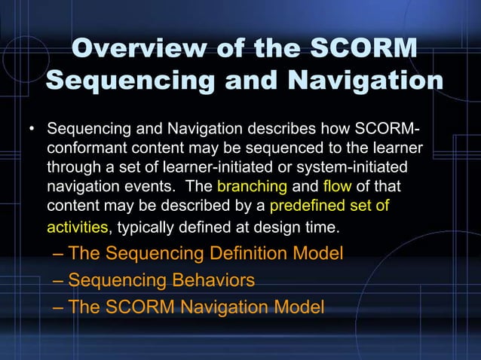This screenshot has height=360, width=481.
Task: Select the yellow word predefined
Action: coord(308,205)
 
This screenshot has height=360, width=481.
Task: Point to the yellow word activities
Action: coord(78,225)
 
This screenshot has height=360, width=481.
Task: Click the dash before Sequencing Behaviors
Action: coord(59,281)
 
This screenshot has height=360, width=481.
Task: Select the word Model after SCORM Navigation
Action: coord(299,307)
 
